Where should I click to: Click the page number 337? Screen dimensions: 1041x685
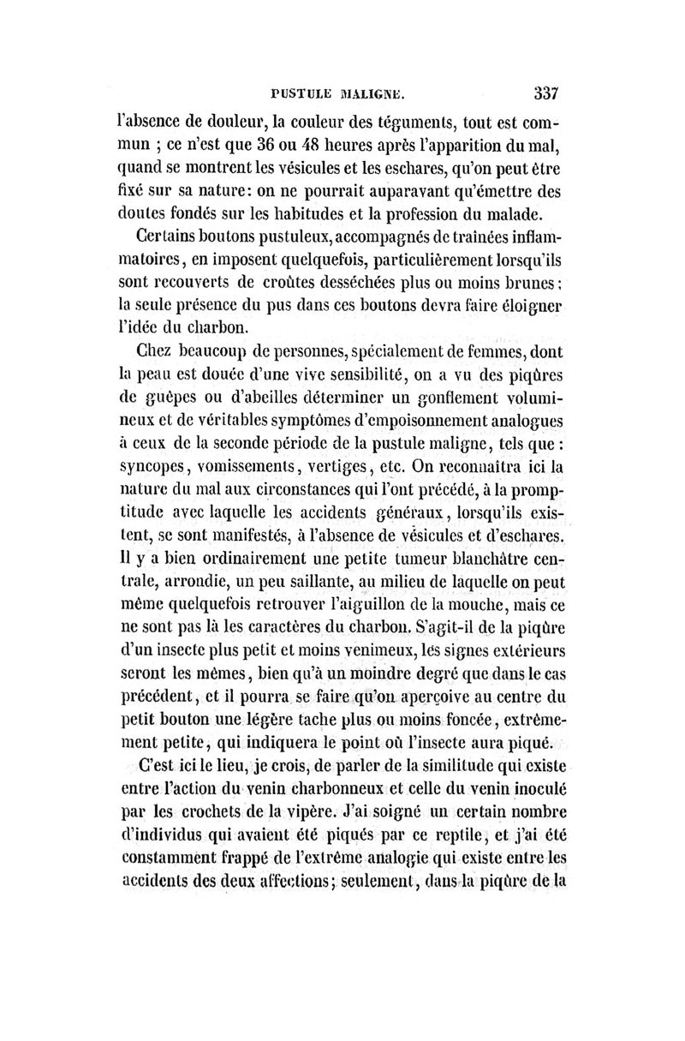[545, 92]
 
